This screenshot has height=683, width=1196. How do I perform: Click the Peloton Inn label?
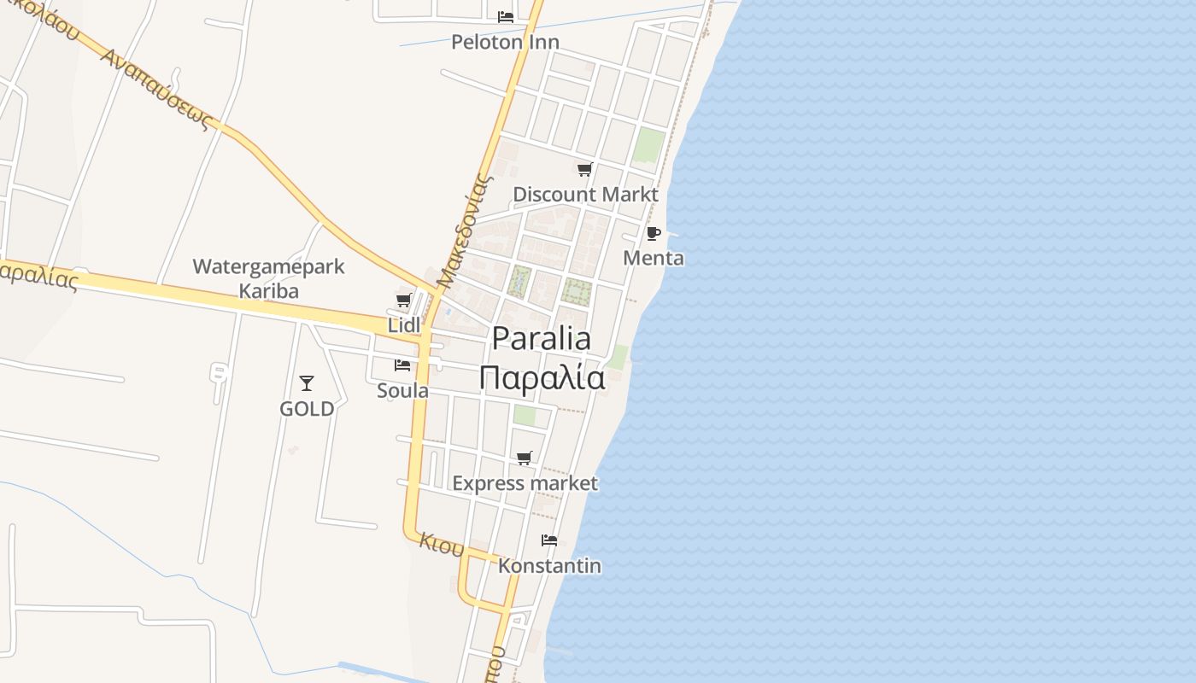(505, 42)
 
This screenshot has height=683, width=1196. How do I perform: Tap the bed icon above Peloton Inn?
(505, 16)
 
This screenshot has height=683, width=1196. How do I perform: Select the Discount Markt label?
(585, 195)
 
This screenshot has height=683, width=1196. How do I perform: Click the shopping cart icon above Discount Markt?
(584, 169)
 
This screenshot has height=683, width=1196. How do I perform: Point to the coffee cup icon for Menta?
(654, 233)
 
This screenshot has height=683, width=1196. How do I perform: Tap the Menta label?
(654, 258)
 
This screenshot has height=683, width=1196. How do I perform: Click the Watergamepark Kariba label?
(268, 278)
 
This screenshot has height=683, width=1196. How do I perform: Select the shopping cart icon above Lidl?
(404, 300)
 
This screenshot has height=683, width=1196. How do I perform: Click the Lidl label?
(404, 325)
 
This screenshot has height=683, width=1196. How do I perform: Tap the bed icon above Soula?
(402, 365)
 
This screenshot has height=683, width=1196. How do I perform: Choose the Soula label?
(402, 391)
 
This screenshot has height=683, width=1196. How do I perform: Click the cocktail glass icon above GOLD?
(307, 383)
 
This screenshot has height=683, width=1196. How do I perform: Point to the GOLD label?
(307, 409)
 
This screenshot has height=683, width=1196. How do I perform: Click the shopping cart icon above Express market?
(525, 458)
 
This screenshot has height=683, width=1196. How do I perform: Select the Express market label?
(525, 483)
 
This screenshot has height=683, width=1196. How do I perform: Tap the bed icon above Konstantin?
(549, 540)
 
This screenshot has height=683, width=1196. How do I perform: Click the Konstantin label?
(549, 566)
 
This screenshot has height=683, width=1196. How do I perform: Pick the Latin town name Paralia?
(542, 339)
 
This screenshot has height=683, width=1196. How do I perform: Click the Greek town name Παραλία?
(542, 377)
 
